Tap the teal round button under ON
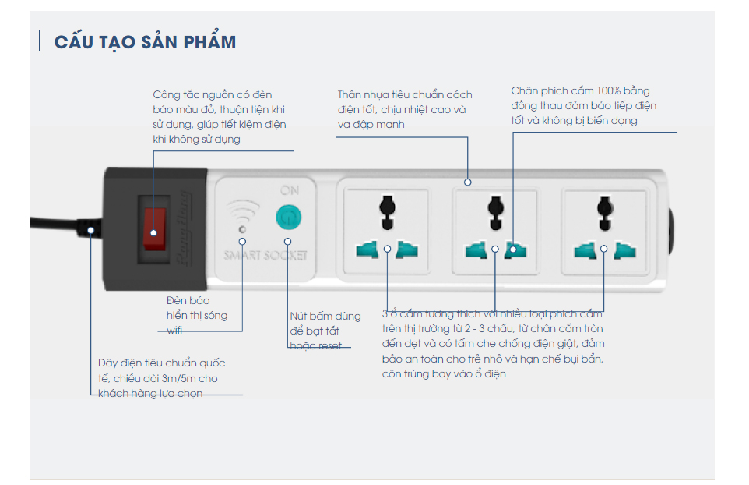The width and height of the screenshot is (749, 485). tap(288, 217)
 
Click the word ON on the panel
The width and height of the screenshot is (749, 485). tap(289, 189)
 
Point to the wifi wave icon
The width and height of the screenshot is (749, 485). tap(243, 212)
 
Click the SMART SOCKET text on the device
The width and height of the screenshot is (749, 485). tap(265, 255)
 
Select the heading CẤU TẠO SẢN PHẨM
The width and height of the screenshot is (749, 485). tap(145, 42)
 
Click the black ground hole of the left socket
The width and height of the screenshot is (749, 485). tap(384, 208)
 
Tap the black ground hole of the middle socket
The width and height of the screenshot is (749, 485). tap(493, 207)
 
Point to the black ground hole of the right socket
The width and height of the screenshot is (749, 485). tap(602, 207)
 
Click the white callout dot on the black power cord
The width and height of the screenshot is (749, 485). tap(91, 230)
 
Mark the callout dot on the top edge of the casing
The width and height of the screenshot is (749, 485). tap(467, 182)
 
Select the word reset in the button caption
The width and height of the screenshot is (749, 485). tap(329, 345)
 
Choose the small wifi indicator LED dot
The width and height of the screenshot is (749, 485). tap(242, 230)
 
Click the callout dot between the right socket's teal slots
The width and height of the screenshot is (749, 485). tap(603, 250)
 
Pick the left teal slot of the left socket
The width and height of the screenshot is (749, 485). tap(367, 250)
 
